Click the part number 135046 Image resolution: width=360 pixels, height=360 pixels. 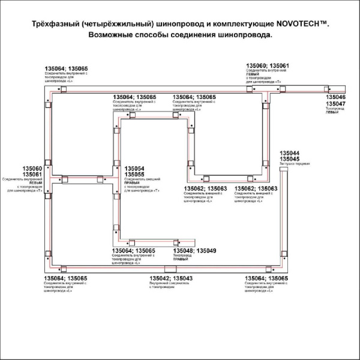point(335,97)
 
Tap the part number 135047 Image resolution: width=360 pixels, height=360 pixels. point(335,103)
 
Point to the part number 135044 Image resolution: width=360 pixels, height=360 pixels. point(290,153)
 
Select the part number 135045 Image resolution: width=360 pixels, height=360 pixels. point(290,159)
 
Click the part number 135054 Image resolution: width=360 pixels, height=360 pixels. point(134,168)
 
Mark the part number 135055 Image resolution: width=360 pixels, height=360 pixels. point(134,174)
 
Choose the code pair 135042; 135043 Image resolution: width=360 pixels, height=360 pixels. point(171,278)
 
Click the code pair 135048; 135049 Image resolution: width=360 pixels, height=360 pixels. point(194,250)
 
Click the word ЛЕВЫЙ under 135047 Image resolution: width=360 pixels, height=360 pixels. point(332,113)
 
